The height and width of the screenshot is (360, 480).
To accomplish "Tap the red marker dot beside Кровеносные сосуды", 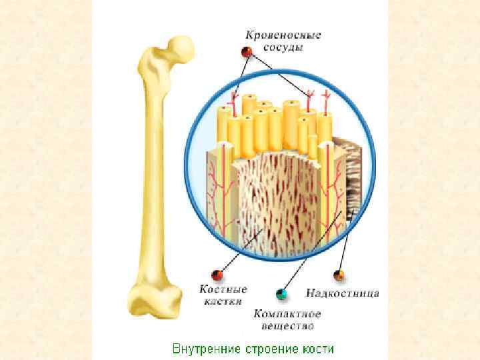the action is (x=247, y=52).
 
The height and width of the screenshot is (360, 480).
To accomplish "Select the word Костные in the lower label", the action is (x=223, y=289).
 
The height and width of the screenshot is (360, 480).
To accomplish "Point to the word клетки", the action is (x=223, y=301).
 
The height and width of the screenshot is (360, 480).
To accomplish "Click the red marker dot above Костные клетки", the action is (x=217, y=275).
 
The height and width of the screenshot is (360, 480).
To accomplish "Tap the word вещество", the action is (x=287, y=326).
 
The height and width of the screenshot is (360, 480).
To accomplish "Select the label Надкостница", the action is (x=342, y=293).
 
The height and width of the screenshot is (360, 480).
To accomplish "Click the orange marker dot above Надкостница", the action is (x=339, y=275).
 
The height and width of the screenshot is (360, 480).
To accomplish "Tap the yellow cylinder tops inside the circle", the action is (x=273, y=113).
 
